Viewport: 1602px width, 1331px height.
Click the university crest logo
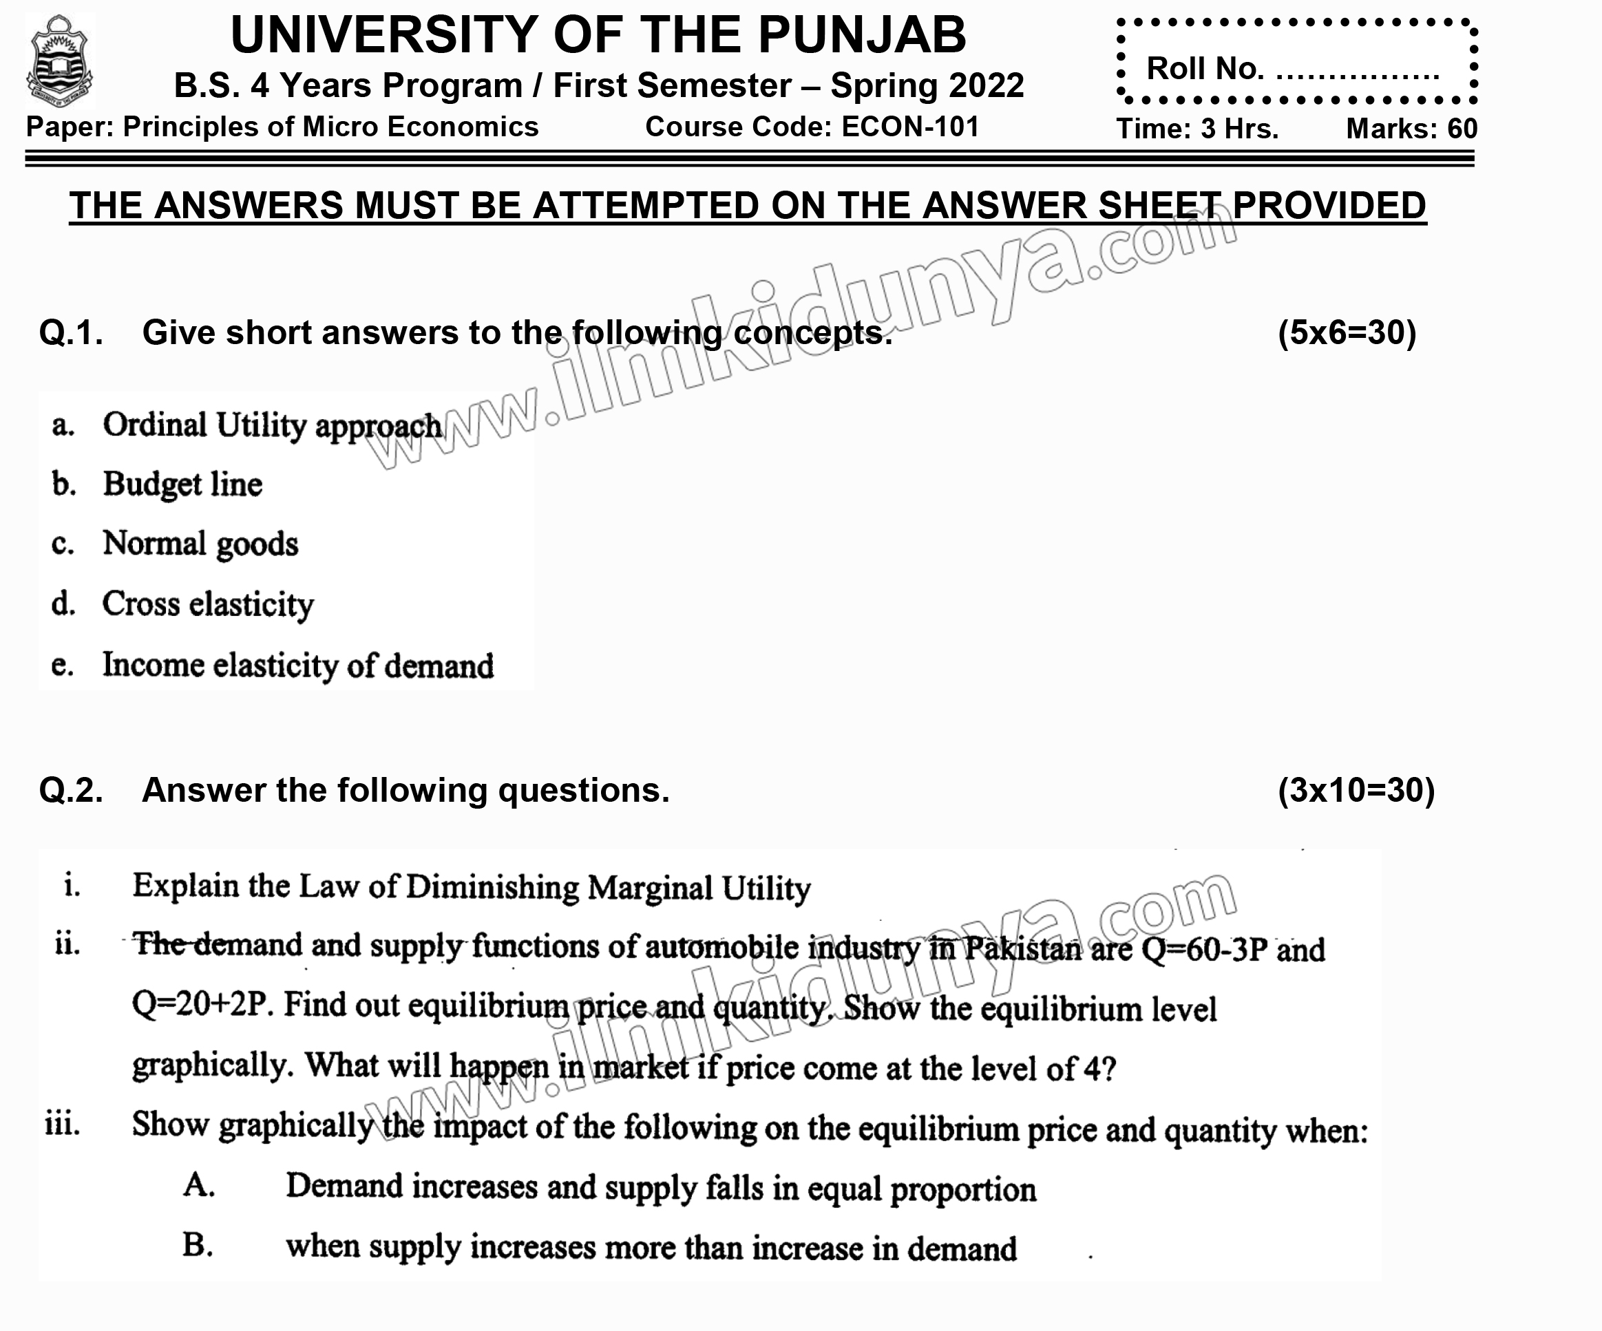point(59,61)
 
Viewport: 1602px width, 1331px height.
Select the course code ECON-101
point(910,127)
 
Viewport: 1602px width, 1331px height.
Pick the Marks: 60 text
point(1411,129)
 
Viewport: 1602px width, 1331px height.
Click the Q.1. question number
point(71,333)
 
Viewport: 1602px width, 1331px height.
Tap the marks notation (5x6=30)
point(1347,333)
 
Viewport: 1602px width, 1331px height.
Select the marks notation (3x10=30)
point(1356,790)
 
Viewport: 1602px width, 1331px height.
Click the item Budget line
point(182,485)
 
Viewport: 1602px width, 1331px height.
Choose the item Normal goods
point(200,544)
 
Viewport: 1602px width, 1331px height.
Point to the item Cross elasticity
point(207,604)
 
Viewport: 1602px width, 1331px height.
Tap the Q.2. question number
point(71,790)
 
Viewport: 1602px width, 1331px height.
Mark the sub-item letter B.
point(198,1245)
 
